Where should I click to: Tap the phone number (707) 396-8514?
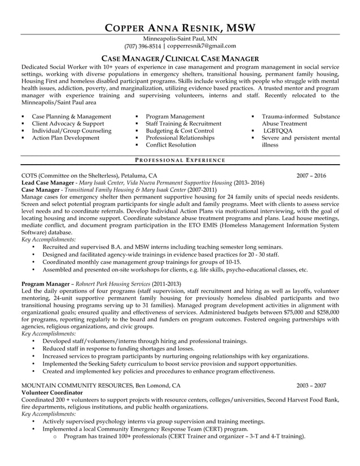point(142,46)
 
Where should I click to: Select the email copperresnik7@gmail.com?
point(201,46)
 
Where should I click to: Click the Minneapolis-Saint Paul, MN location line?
point(179,38)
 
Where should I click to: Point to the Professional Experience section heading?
point(179,160)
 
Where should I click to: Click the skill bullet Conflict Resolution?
point(171,145)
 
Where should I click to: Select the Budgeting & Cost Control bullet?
point(179,130)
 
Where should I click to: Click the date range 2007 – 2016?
point(311,175)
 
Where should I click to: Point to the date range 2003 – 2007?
point(311,385)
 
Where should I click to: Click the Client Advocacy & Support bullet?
point(68,123)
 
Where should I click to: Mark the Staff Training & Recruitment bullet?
point(183,123)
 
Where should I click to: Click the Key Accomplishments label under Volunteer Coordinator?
point(48,414)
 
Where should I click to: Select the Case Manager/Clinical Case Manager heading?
point(179,59)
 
